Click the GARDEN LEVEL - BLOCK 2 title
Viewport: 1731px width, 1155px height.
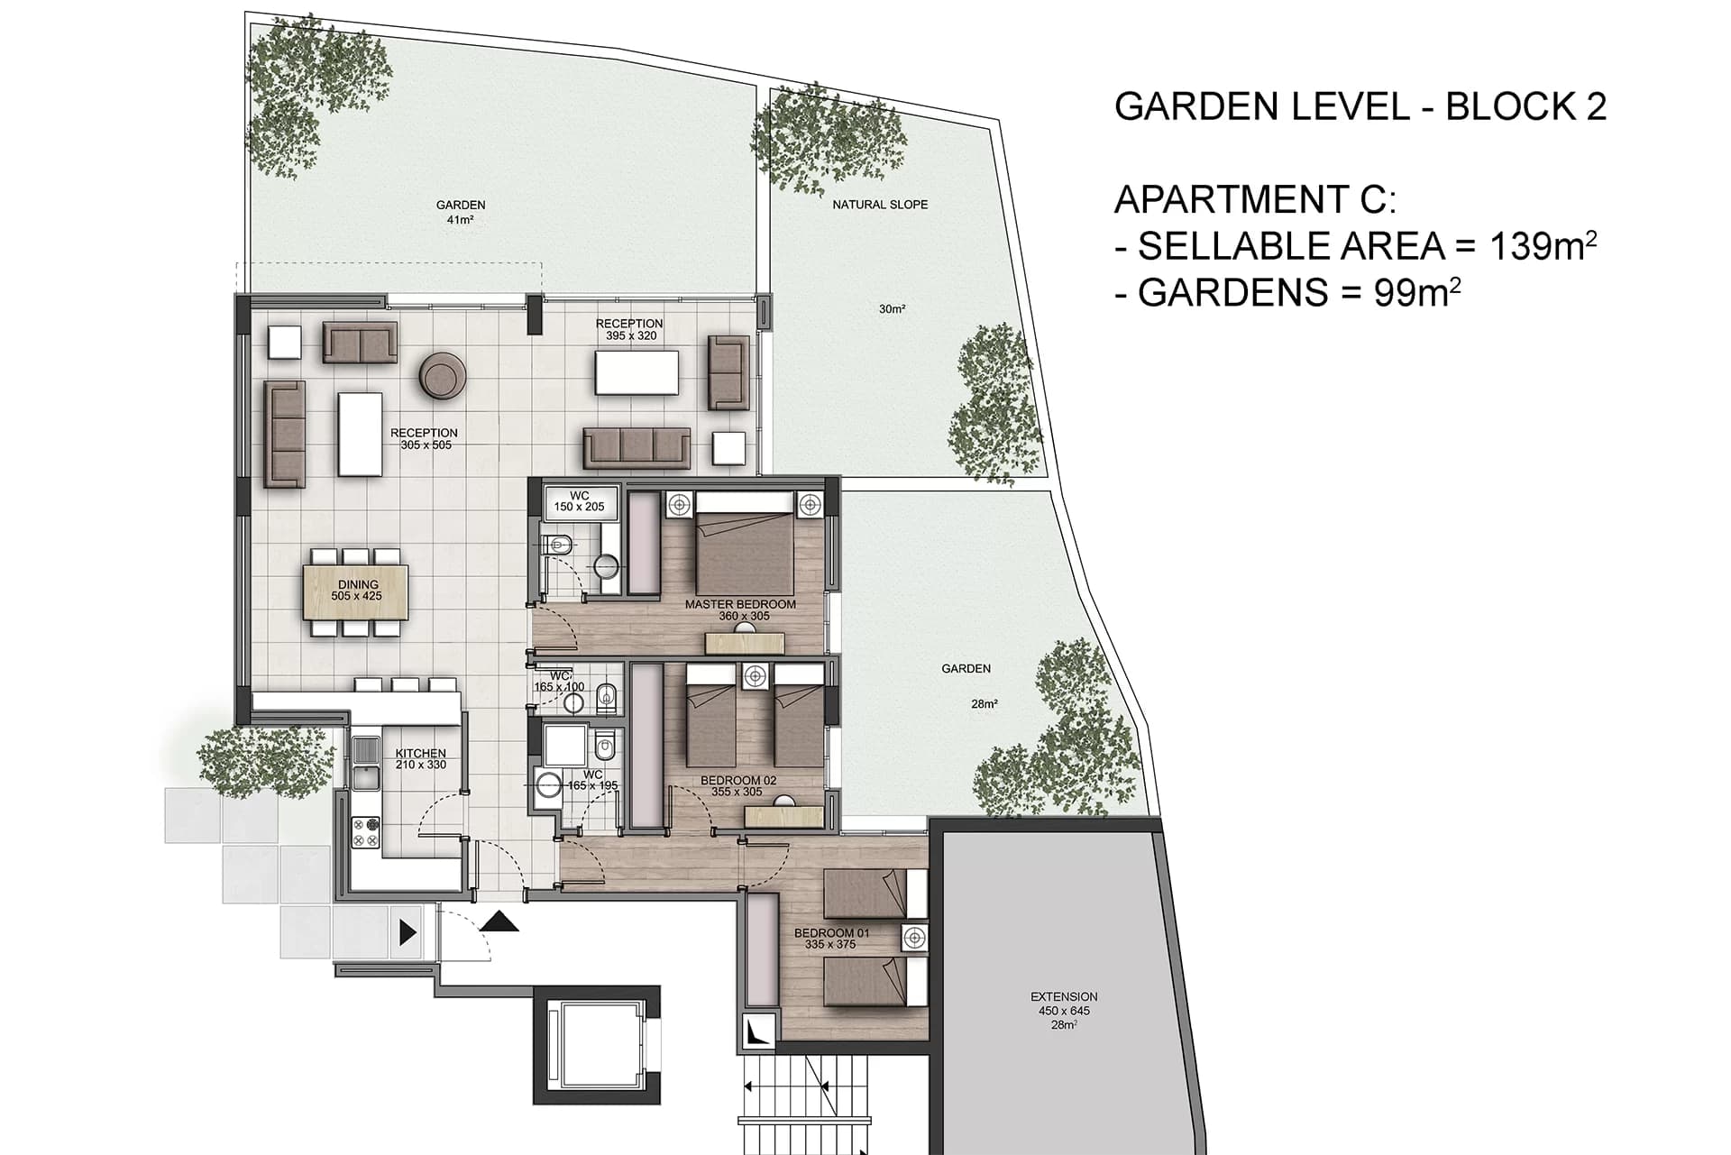[1360, 106]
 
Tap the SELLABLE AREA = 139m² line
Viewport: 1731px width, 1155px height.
[1357, 245]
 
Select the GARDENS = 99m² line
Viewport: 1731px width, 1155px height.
[1288, 292]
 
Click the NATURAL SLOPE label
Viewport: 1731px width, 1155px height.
[880, 205]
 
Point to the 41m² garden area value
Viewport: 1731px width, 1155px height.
[460, 220]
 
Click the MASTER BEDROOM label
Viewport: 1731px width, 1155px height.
[740, 604]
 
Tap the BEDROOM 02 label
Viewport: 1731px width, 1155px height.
[738, 781]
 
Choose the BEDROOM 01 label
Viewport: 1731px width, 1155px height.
[831, 933]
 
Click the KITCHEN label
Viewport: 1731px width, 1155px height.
[420, 754]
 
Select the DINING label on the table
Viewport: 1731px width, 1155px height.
[358, 585]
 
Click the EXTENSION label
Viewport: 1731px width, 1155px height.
[1064, 996]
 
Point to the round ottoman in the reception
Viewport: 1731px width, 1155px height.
[444, 375]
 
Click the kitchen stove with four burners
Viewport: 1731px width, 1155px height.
[365, 832]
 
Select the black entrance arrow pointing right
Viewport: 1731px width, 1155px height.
[408, 932]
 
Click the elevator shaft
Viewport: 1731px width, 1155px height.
[597, 1045]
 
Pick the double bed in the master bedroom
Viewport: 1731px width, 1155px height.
[745, 543]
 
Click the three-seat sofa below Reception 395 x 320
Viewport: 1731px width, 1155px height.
[637, 448]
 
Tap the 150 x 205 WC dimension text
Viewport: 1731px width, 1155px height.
[580, 507]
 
